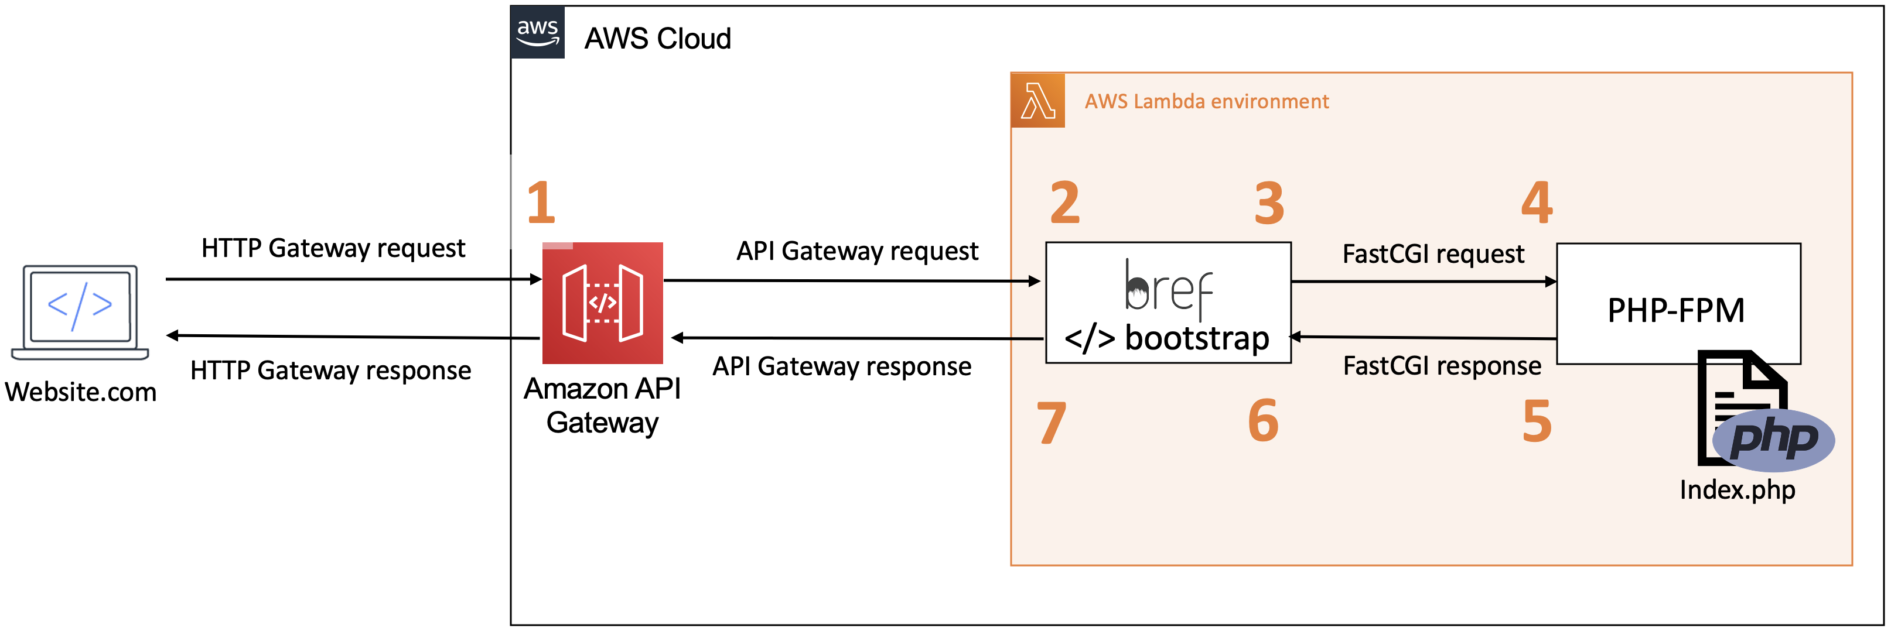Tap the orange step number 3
(x=1269, y=203)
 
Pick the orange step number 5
(x=1537, y=421)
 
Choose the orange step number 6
(x=1264, y=421)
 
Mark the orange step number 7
(x=1051, y=423)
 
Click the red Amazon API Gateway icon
(x=603, y=303)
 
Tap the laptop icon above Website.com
(x=80, y=312)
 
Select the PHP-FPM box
(x=1678, y=304)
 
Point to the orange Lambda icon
(x=1037, y=101)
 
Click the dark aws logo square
(x=537, y=32)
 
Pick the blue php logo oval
(x=1774, y=440)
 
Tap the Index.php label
(x=1737, y=489)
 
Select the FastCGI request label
(x=1433, y=254)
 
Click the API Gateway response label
(x=841, y=366)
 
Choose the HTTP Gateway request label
(x=333, y=248)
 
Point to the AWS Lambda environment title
(x=1206, y=101)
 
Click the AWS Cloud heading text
(x=657, y=39)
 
